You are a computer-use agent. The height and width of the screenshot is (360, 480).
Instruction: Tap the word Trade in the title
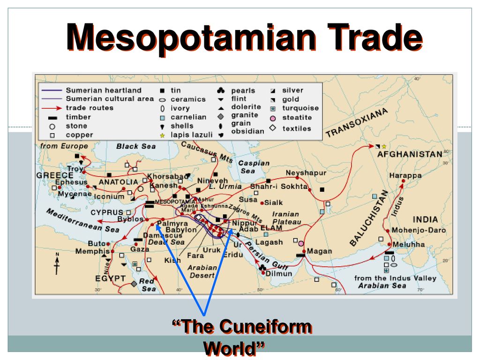coord(371,38)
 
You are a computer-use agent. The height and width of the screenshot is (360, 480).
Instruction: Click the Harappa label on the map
coord(405,176)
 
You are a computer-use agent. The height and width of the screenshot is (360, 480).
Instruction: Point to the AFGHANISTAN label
coord(410,154)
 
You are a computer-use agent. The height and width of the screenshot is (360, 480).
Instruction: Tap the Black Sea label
coord(136,146)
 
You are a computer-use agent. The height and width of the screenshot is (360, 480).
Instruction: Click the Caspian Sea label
coord(254,167)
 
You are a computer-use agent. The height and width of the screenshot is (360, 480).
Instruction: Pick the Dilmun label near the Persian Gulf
coord(279,273)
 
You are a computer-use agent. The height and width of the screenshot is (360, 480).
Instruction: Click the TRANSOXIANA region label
coord(357,123)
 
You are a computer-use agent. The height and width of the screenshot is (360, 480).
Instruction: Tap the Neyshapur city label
coord(306,173)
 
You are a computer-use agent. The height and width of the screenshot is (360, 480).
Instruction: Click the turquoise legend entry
coord(300,108)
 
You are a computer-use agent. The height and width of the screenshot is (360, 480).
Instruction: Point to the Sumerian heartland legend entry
coord(103,90)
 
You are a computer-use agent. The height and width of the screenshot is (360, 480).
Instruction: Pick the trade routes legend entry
coord(89,108)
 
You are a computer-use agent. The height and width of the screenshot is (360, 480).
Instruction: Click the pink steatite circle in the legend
coord(273,118)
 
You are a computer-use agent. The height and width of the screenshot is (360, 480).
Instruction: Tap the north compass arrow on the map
coord(57,263)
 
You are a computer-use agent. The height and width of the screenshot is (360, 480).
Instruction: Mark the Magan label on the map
coord(319,251)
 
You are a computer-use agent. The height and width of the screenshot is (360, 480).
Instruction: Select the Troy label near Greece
coord(75,169)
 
